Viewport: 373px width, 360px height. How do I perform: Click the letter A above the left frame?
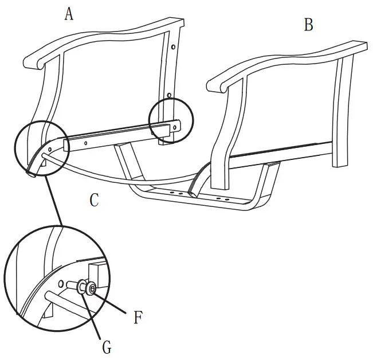69,14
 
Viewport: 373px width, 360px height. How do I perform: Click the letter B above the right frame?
308,25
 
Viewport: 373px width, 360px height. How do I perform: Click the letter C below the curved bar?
95,200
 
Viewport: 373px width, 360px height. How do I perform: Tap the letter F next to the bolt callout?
138,318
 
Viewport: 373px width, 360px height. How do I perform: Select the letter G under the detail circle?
107,346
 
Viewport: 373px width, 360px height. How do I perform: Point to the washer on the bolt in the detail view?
81,286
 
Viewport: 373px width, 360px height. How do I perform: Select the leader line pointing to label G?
95,315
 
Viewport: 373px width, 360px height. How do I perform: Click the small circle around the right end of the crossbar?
171,121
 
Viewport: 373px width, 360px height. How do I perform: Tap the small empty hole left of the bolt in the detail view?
61,282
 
